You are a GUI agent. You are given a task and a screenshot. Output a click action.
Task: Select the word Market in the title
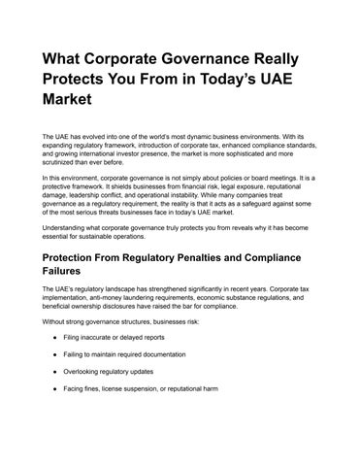pos(71,100)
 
